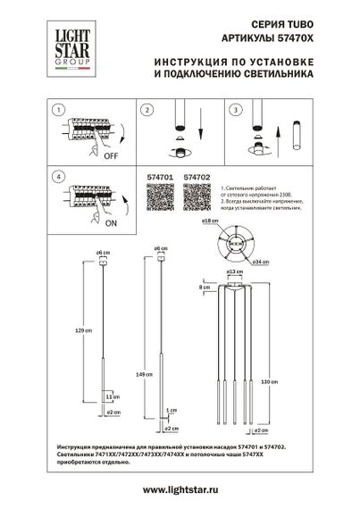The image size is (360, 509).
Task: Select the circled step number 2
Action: (145, 110)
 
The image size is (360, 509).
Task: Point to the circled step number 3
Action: (236, 110)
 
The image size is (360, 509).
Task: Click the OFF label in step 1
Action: (112, 153)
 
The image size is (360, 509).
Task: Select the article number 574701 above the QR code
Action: (158, 178)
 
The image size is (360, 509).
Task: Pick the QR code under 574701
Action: (158, 197)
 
